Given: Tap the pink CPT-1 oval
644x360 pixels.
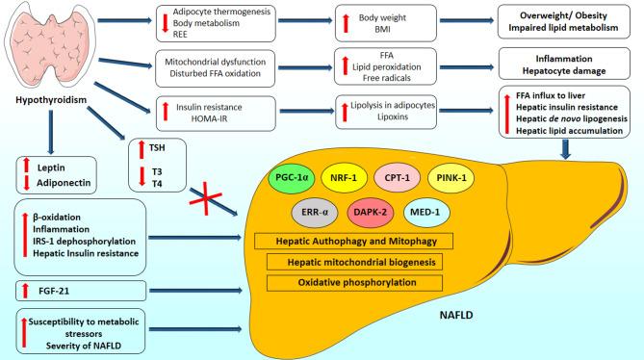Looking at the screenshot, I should (395, 179).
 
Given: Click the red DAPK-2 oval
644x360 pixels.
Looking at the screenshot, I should (371, 215).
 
